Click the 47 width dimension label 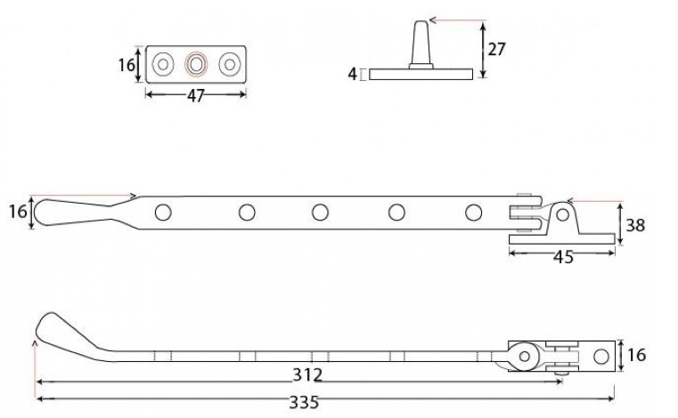click(195, 95)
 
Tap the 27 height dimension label click(496, 49)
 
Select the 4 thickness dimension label click(353, 74)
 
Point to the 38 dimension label click(635, 225)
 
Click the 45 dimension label click(563, 257)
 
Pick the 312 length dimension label click(307, 374)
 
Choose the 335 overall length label click(304, 402)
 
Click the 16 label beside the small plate click(127, 65)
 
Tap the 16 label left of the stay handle click(18, 212)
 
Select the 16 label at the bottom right click(636, 355)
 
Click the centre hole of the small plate click(196, 64)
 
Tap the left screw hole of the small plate click(162, 64)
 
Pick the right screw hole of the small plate click(230, 64)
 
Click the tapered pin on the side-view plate click(421, 44)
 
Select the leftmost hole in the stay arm click(162, 213)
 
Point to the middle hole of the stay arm click(320, 213)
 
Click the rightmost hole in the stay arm click(473, 213)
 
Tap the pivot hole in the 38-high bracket click(562, 214)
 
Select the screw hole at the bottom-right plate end click(601, 357)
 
